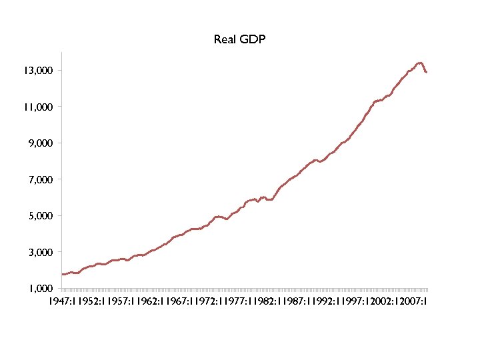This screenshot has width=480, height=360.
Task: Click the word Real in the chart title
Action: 223,39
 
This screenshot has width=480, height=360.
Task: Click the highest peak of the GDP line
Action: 420,63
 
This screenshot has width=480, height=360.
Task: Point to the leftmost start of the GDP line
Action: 61,274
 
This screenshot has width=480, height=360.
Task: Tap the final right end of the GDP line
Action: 427,72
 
